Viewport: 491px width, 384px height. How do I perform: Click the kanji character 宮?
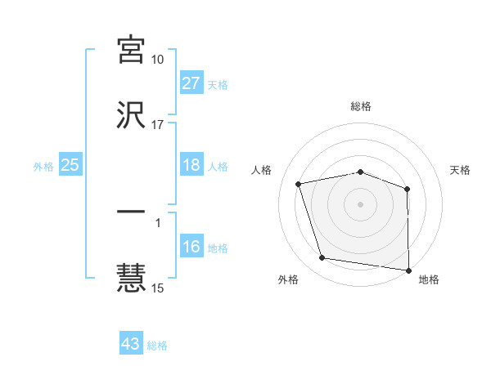point(131,51)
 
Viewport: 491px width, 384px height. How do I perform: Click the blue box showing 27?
point(191,83)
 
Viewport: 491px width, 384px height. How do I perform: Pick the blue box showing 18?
point(191,165)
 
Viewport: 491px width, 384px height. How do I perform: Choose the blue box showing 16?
point(191,247)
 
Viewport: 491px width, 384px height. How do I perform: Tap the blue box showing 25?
point(70,165)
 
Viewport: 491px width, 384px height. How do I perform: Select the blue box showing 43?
point(131,344)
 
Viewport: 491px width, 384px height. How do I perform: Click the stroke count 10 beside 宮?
point(157,60)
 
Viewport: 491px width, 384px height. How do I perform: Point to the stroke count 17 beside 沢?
point(157,125)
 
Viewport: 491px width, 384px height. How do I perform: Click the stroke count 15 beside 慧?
point(157,288)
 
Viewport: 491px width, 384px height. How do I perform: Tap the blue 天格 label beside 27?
point(218,84)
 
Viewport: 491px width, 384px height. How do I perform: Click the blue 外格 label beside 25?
point(43,166)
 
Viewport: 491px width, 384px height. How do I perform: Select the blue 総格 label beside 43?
point(158,345)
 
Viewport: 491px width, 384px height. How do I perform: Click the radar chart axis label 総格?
point(361,107)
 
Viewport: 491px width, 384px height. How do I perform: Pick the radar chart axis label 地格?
point(429,280)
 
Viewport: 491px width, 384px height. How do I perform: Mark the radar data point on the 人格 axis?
point(299,184)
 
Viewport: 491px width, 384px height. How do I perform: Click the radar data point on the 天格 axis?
point(408,189)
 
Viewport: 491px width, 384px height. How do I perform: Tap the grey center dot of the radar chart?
point(361,203)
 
